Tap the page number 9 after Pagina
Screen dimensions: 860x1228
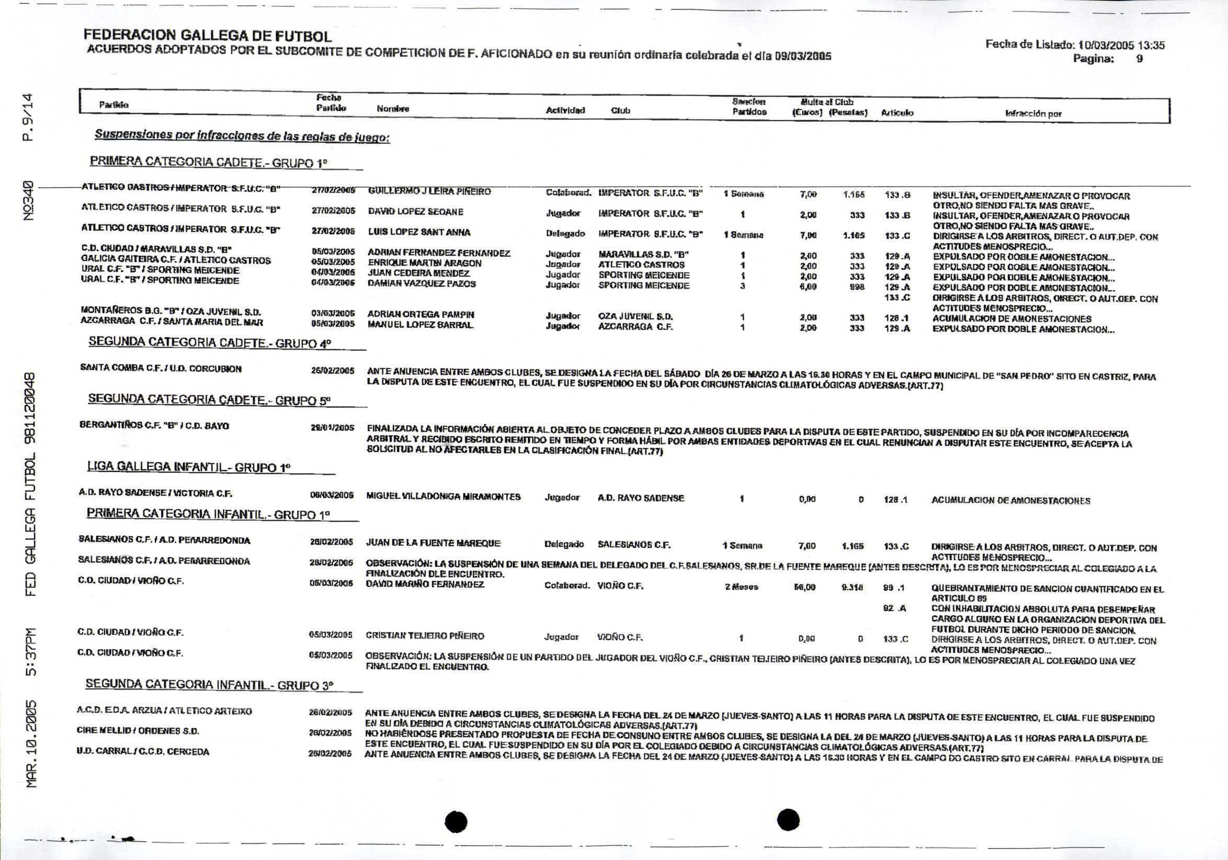(1139, 59)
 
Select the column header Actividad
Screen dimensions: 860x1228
(565, 110)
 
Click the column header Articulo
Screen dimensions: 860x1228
(897, 112)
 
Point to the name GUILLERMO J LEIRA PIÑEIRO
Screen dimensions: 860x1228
(429, 191)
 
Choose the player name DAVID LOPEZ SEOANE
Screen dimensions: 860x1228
(416, 212)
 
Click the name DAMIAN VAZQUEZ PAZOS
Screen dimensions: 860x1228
(422, 284)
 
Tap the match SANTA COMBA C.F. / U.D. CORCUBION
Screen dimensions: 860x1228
(161, 368)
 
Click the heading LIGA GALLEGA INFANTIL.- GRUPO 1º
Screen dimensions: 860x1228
(188, 467)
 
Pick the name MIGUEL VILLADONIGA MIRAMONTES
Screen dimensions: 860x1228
(443, 496)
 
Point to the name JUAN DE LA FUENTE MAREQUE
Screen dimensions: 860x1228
(433, 543)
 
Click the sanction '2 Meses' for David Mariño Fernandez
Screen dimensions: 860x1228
(741, 587)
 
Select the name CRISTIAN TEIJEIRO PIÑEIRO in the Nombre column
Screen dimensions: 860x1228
(425, 636)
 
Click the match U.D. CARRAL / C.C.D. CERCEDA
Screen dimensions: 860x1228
(143, 751)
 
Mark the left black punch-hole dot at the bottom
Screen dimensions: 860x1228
(456, 821)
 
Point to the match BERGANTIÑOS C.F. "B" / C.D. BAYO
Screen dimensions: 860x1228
(154, 426)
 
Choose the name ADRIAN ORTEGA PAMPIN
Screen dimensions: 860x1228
(420, 314)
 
